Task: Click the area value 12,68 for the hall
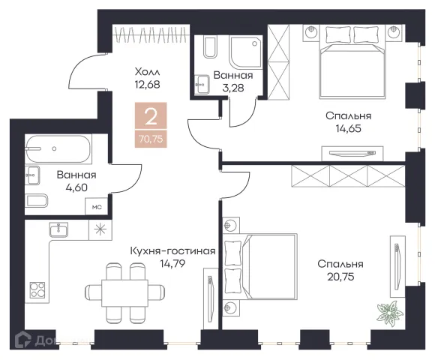tap(147, 84)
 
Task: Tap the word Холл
tap(147, 72)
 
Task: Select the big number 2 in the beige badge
tap(151, 117)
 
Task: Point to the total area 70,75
tap(151, 139)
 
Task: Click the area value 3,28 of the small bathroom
tap(233, 88)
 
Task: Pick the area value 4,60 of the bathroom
tap(76, 187)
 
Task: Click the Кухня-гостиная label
tap(172, 251)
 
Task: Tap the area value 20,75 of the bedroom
tap(340, 277)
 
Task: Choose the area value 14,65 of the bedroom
tap(349, 129)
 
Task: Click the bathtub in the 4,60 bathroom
tap(58, 149)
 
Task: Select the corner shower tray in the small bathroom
tap(246, 52)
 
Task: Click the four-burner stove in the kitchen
tap(37, 289)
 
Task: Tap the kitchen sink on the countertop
tap(58, 230)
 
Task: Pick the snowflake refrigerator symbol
tap(100, 229)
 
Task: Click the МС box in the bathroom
tap(97, 207)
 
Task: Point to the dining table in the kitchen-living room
tap(124, 293)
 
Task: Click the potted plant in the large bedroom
tap(390, 313)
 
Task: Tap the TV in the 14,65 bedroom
tap(352, 153)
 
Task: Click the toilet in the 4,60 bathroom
tap(37, 200)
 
